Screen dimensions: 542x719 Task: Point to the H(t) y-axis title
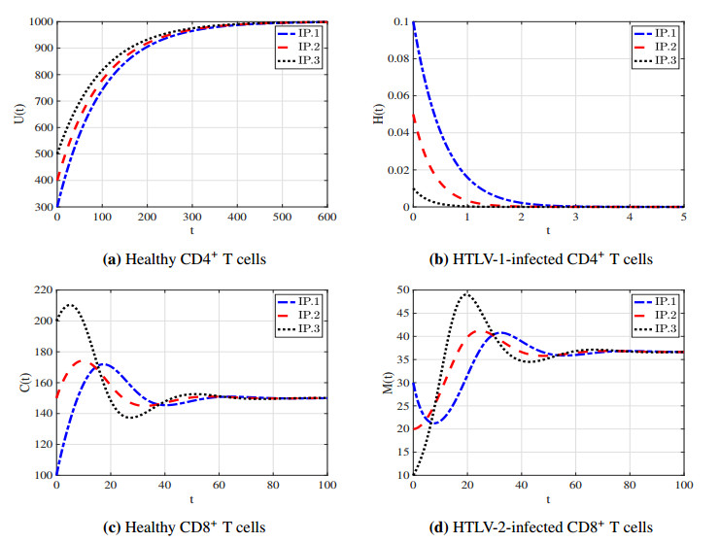(x=377, y=114)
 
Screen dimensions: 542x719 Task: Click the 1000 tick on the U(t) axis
(x=39, y=22)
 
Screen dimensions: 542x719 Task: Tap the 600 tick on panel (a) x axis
(x=327, y=219)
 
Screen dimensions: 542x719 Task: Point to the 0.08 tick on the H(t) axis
(x=393, y=59)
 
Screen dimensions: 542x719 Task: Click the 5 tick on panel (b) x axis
(x=683, y=219)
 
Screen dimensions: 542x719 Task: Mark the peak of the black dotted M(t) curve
(x=467, y=293)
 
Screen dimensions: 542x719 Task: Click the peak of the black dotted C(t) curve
(x=70, y=305)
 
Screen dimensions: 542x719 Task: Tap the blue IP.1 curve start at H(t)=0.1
(x=415, y=23)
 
